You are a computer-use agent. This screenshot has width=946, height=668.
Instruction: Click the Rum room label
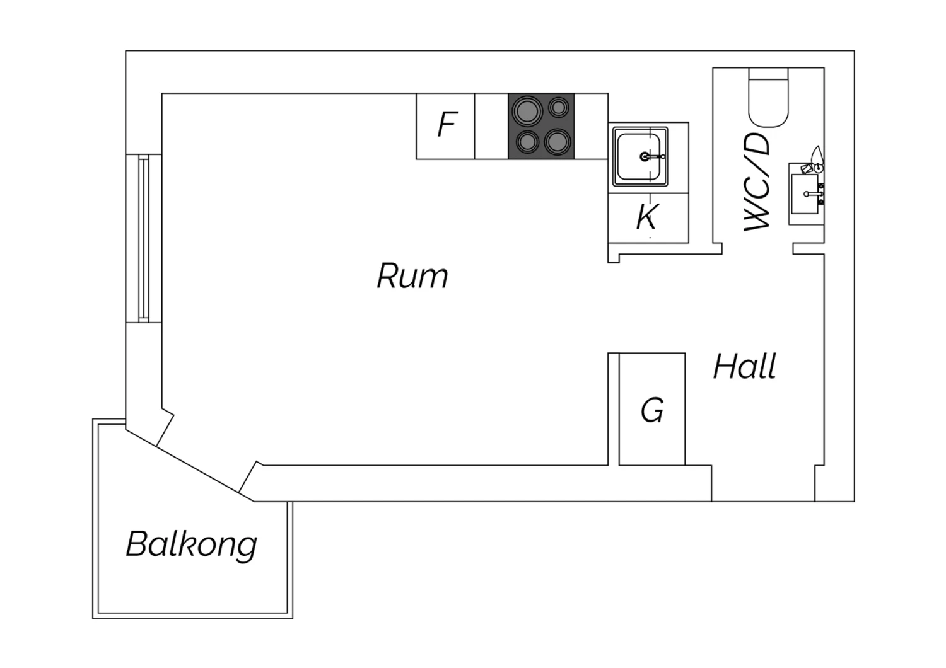[x=412, y=276]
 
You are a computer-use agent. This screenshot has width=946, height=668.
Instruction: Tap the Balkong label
[x=191, y=544]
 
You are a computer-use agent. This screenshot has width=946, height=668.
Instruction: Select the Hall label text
[x=745, y=366]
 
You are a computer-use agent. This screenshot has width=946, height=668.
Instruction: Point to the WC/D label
[x=757, y=182]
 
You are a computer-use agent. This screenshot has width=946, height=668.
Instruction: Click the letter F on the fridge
[x=447, y=124]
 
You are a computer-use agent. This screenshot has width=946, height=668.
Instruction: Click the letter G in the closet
[x=652, y=410]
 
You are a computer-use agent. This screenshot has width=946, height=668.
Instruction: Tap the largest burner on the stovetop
[x=527, y=111]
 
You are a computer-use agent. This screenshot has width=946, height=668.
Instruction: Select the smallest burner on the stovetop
[x=558, y=107]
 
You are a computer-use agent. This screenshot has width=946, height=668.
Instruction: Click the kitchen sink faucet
[x=652, y=156]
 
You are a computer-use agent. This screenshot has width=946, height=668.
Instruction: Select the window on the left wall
[x=144, y=238]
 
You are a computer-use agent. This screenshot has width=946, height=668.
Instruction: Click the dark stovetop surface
[x=541, y=126]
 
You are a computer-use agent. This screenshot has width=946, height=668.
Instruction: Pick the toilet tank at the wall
[x=768, y=74]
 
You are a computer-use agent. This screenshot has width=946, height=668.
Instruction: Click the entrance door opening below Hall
[x=763, y=483]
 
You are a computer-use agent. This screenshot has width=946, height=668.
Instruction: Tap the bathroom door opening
[x=757, y=248]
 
